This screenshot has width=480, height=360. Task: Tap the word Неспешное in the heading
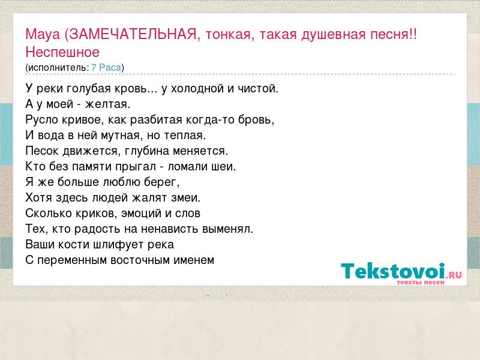pos(62,52)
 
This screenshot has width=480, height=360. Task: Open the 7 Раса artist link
pos(106,67)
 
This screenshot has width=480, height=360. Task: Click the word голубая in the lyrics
pos(89,89)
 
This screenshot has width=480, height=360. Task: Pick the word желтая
pos(107,104)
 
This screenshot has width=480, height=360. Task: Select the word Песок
pos(42,151)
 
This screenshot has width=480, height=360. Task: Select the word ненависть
pos(170,229)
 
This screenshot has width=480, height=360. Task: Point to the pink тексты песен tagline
pos(421,282)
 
